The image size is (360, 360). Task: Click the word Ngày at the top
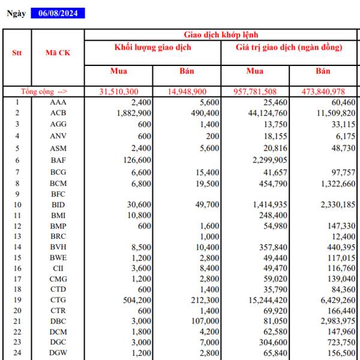(16, 13)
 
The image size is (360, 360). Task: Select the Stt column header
(17, 52)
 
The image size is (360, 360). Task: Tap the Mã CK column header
(58, 52)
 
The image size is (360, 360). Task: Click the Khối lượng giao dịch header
(152, 47)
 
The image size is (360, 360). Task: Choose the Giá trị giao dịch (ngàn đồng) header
(289, 47)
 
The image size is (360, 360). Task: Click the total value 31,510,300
(119, 91)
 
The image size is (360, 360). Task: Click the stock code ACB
(58, 113)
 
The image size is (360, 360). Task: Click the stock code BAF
(58, 160)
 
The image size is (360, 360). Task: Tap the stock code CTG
(58, 300)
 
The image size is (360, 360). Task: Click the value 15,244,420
(268, 300)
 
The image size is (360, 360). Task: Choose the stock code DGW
(58, 353)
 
